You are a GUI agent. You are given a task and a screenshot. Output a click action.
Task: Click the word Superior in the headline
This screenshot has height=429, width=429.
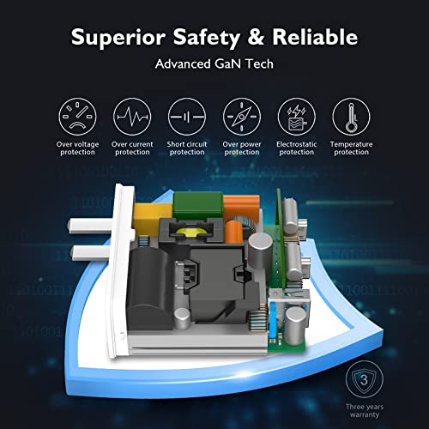[x=118, y=38]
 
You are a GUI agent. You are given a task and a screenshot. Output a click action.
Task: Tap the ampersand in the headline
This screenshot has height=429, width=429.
[x=256, y=37]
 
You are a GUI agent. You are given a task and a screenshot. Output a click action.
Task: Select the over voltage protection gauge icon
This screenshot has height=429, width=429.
[x=77, y=117]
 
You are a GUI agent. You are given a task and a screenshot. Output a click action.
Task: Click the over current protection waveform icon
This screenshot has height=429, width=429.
[x=132, y=117]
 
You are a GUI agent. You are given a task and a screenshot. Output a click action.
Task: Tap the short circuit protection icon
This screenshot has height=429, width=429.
[x=187, y=117]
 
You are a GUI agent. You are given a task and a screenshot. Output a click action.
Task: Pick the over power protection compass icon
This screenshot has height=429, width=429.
[x=242, y=117]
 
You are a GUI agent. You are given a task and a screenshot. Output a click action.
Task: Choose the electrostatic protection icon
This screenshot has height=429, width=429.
[x=297, y=117]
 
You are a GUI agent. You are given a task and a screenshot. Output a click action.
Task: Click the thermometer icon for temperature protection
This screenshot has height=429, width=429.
[x=351, y=117]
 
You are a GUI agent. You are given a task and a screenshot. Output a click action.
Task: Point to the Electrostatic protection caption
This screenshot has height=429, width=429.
[x=297, y=148]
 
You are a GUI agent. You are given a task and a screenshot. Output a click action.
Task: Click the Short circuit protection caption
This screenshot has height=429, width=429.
[x=187, y=148]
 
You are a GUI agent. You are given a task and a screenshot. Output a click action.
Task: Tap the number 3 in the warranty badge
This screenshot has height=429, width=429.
[x=364, y=380]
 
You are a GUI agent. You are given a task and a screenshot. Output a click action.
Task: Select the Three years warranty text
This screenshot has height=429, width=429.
[x=365, y=411]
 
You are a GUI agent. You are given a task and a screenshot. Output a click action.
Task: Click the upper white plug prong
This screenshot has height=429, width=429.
[x=91, y=226]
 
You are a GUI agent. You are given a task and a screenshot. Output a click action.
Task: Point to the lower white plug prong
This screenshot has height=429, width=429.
[x=92, y=252]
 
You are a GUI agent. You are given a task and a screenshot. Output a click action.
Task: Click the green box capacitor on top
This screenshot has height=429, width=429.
[x=198, y=205]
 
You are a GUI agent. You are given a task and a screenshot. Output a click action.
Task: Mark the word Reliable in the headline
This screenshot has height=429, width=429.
[x=315, y=37]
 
